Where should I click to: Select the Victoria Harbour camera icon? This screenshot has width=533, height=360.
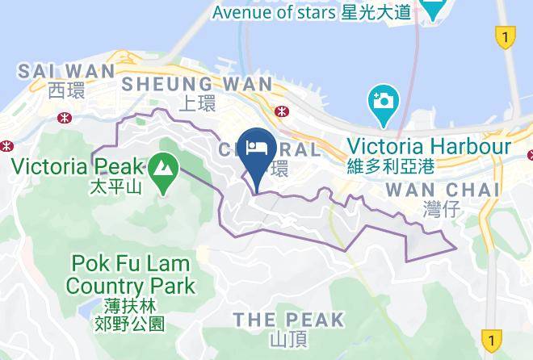(x=382, y=102)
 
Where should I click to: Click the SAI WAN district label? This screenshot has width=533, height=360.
(x=56, y=71)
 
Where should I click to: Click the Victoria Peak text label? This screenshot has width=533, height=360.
(x=78, y=168)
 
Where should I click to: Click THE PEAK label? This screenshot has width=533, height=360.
(x=288, y=320)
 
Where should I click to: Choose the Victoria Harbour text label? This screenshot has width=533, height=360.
(x=429, y=147)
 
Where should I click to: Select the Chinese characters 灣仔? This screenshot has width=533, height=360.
(x=440, y=210)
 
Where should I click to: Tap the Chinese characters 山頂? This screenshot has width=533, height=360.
(x=287, y=340)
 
